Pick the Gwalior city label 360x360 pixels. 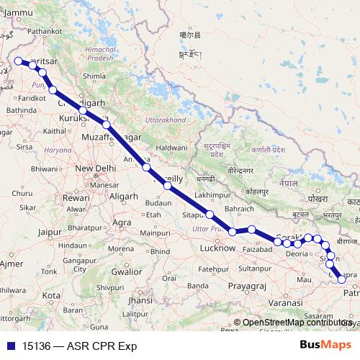pyautogui.click(x=126, y=271)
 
